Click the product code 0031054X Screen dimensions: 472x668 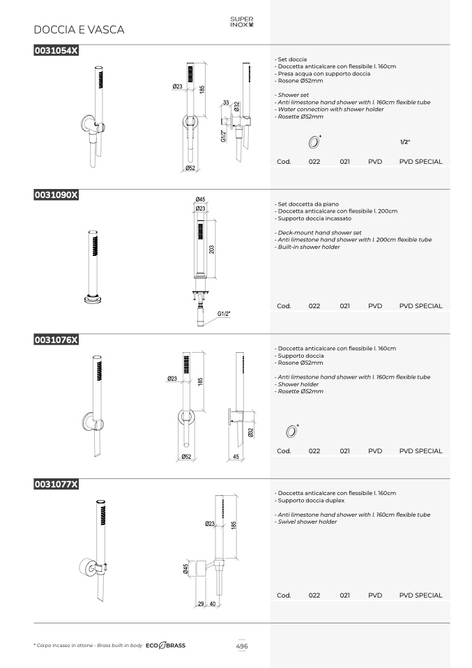click(56, 50)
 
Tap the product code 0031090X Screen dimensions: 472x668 click(56, 195)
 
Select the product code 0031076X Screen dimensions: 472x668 click(56, 340)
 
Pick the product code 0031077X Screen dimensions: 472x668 click(56, 484)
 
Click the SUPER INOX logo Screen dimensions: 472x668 click(242, 22)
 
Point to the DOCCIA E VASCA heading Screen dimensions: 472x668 click(79, 29)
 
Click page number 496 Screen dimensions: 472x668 click(242, 646)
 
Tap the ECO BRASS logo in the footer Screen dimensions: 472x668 click(166, 646)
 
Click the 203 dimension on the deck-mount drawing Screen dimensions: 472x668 click(212, 249)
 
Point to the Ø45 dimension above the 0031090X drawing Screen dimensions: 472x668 click(200, 199)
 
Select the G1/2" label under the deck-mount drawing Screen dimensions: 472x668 click(224, 314)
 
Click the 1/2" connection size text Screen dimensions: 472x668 click(405, 142)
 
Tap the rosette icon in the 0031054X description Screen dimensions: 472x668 click(314, 142)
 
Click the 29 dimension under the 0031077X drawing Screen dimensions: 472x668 click(201, 604)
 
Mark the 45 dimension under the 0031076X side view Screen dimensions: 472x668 click(236, 457)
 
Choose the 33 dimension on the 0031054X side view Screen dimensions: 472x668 click(226, 103)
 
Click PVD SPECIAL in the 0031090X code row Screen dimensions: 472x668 click(421, 306)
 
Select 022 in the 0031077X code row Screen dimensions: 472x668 click(314, 595)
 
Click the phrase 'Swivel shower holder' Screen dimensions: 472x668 click(307, 522)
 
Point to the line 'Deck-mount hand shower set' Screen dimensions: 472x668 click(319, 233)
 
